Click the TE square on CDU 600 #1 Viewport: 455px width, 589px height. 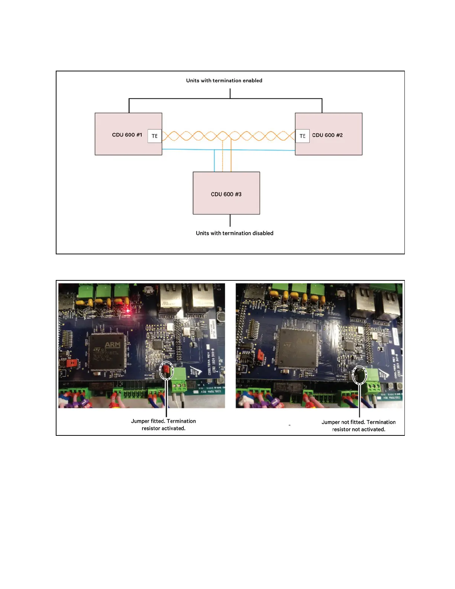click(155, 136)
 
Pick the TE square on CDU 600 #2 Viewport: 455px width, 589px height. click(302, 136)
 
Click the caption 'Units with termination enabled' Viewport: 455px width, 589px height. click(224, 80)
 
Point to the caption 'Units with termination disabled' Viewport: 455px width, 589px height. click(235, 233)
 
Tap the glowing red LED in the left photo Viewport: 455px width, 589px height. click(128, 310)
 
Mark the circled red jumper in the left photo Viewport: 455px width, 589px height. click(167, 370)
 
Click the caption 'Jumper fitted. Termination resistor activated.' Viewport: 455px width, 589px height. click(163, 425)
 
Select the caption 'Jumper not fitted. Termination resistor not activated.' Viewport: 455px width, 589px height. click(358, 426)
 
